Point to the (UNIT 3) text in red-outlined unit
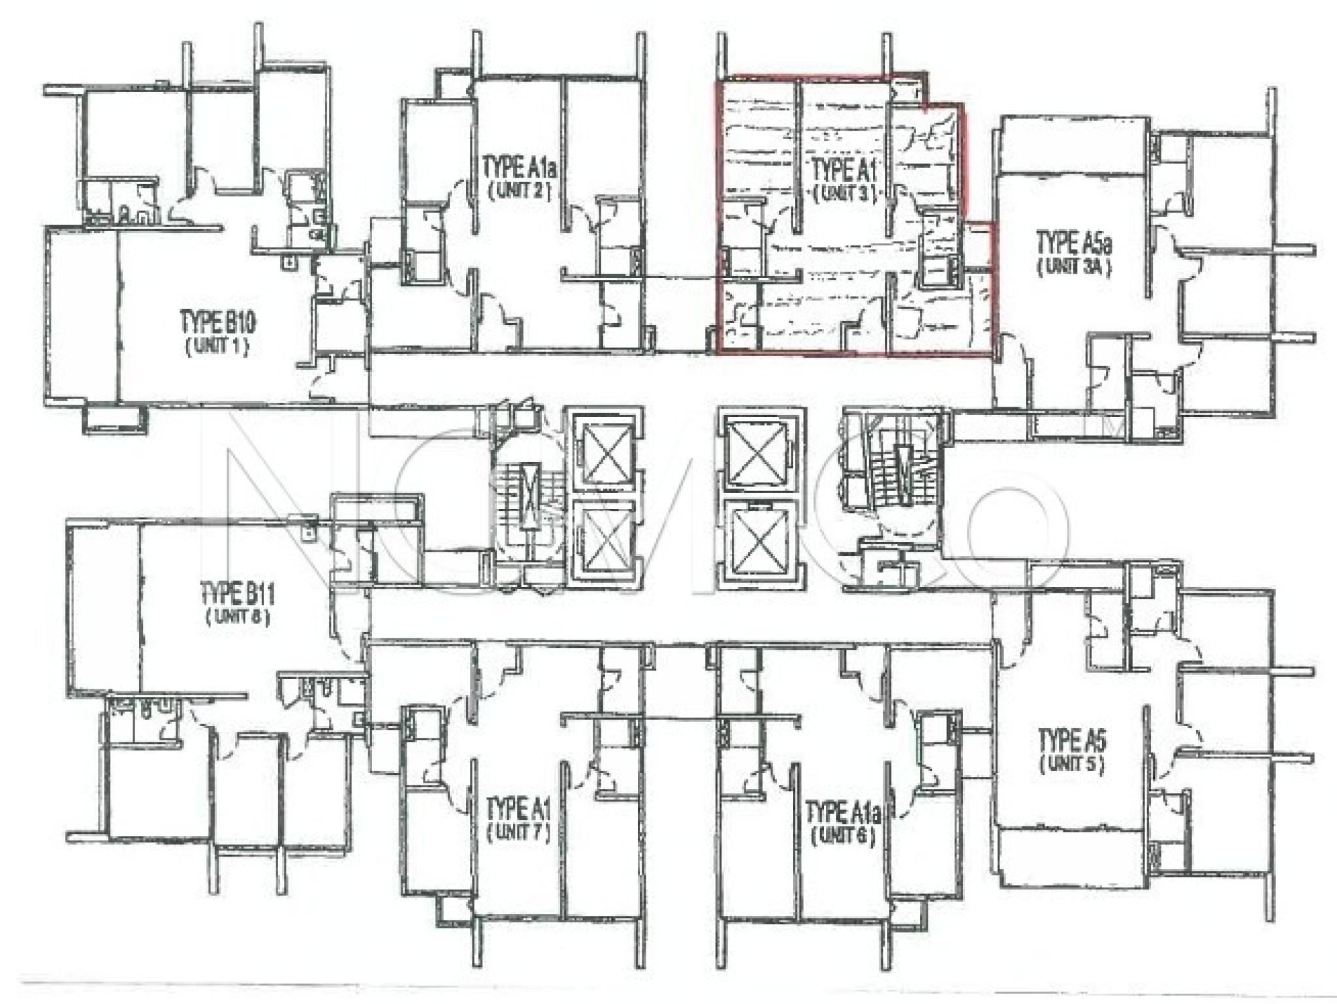[843, 194]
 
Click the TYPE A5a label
[1074, 245]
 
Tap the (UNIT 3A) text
[1074, 268]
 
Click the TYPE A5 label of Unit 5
[1071, 741]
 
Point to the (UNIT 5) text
[1071, 764]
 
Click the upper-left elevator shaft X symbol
[603, 450]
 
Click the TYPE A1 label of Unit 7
[518, 811]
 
